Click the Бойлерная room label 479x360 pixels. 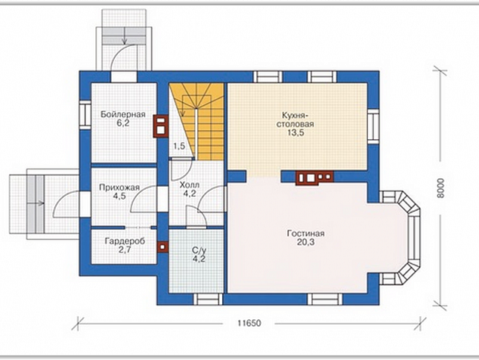click(x=123, y=115)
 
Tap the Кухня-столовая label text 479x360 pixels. click(x=295, y=120)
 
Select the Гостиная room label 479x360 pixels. click(x=305, y=234)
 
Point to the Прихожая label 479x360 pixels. click(x=119, y=188)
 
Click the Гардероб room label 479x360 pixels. click(x=125, y=241)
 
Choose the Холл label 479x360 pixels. click(x=190, y=185)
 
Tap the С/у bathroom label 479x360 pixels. click(x=199, y=250)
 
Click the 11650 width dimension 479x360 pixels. click(x=249, y=323)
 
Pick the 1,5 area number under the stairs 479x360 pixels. click(x=179, y=146)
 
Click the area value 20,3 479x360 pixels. click(x=305, y=242)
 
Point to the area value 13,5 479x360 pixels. click(x=295, y=133)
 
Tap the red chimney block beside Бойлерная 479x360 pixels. click(x=161, y=126)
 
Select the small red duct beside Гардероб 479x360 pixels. click(x=162, y=247)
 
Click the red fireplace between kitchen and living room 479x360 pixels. click(x=314, y=178)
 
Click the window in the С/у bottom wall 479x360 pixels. click(x=209, y=299)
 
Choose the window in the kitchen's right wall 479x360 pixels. click(x=374, y=126)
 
